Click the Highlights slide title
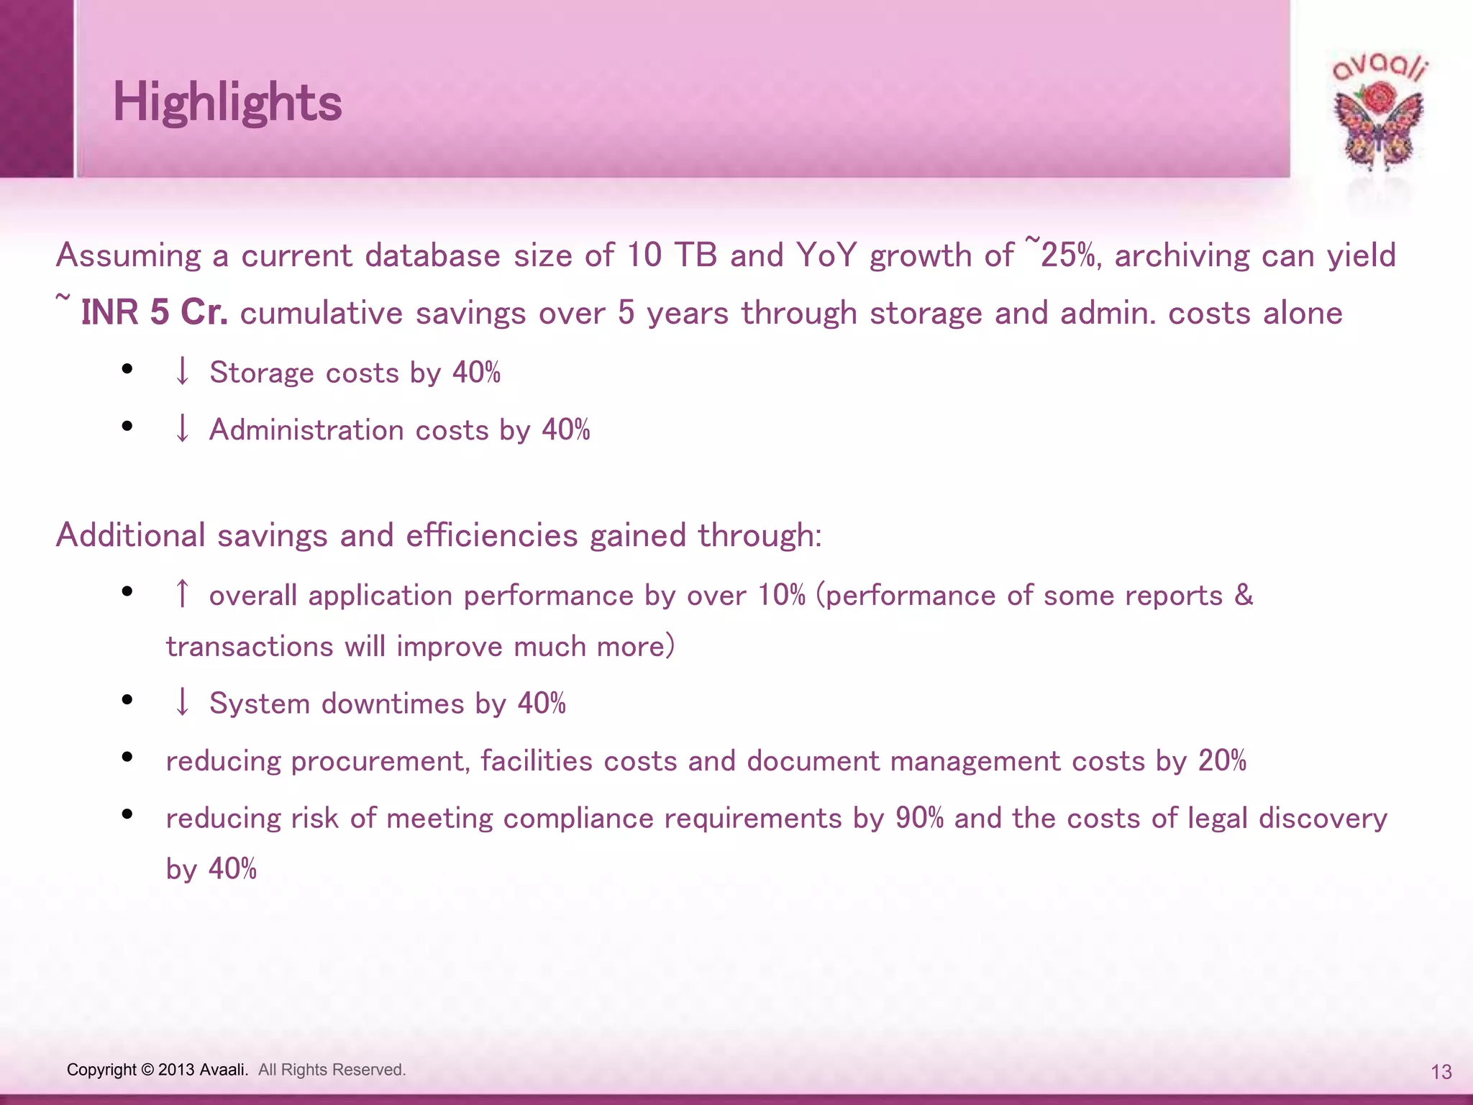pyautogui.click(x=227, y=102)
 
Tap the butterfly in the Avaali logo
pyautogui.click(x=1378, y=129)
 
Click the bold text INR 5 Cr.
pyautogui.click(x=154, y=313)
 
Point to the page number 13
pyautogui.click(x=1441, y=1073)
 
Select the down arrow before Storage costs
pyautogui.click(x=183, y=372)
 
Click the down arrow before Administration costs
pyautogui.click(x=183, y=429)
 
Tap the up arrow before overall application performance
pyautogui.click(x=183, y=595)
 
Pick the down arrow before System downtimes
pyautogui.click(x=183, y=703)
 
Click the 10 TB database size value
pyautogui.click(x=672, y=255)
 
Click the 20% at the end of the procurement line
pyautogui.click(x=1222, y=761)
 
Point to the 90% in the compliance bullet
pyautogui.click(x=919, y=819)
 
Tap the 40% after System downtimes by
pyautogui.click(x=542, y=704)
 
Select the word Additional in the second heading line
pyautogui.click(x=131, y=535)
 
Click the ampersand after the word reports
pyautogui.click(x=1244, y=595)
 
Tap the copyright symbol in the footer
pyautogui.click(x=147, y=1070)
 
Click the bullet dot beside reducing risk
pyautogui.click(x=127, y=814)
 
